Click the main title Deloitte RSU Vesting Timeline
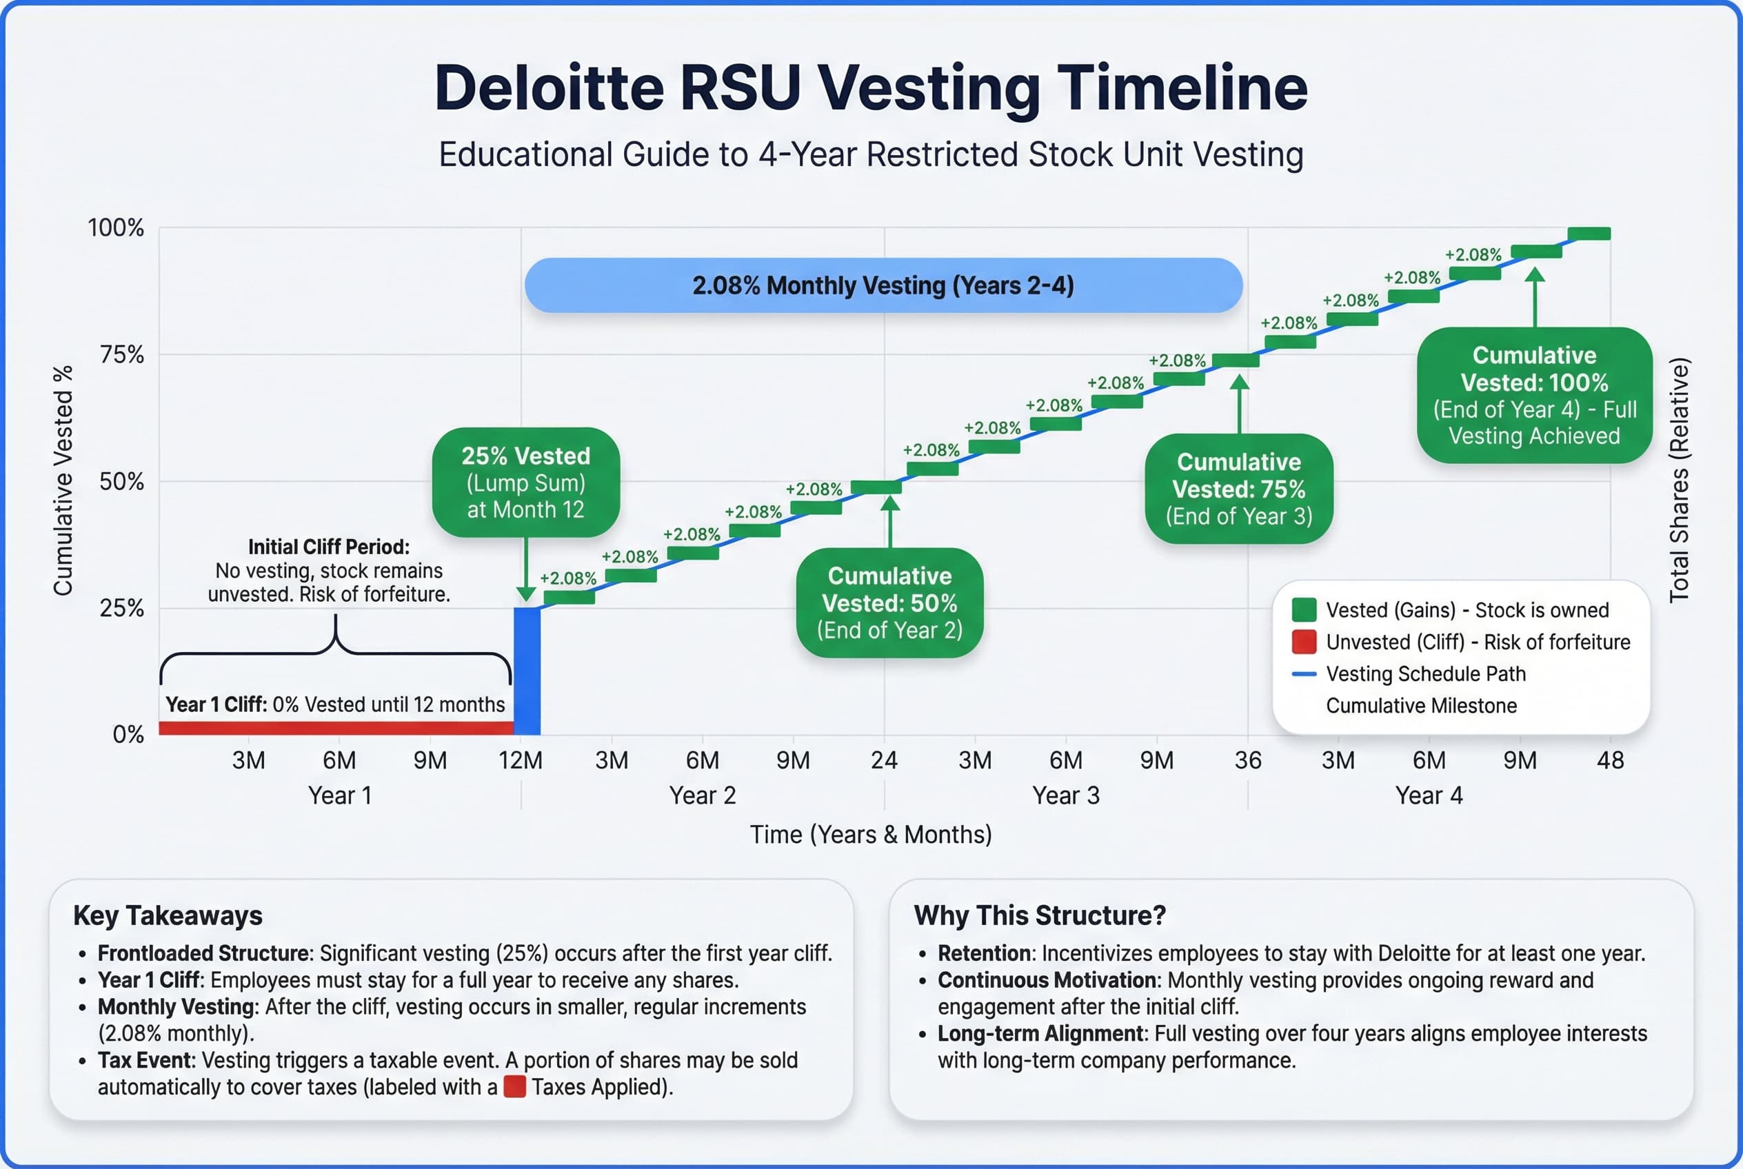pyautogui.click(x=870, y=88)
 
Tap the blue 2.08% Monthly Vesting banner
pyautogui.click(x=883, y=285)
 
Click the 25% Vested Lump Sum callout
pyautogui.click(x=526, y=482)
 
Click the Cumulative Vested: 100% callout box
pyautogui.click(x=1534, y=395)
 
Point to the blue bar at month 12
pyautogui.click(x=527, y=671)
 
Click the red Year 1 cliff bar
pyautogui.click(x=336, y=728)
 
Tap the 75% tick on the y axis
pyautogui.click(x=121, y=355)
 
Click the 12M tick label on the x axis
pyautogui.click(x=520, y=760)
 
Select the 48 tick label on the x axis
pyautogui.click(x=1610, y=760)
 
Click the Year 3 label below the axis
pyautogui.click(x=1066, y=795)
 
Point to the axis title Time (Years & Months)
pyautogui.click(x=870, y=834)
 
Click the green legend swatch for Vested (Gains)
pyautogui.click(x=1304, y=610)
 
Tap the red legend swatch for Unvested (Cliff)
pyautogui.click(x=1304, y=642)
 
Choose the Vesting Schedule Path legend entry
pyautogui.click(x=1424, y=674)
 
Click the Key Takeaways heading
pyautogui.click(x=168, y=915)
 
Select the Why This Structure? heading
pyautogui.click(x=1039, y=915)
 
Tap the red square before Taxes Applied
pyautogui.click(x=514, y=1087)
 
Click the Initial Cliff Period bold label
pyautogui.click(x=328, y=547)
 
